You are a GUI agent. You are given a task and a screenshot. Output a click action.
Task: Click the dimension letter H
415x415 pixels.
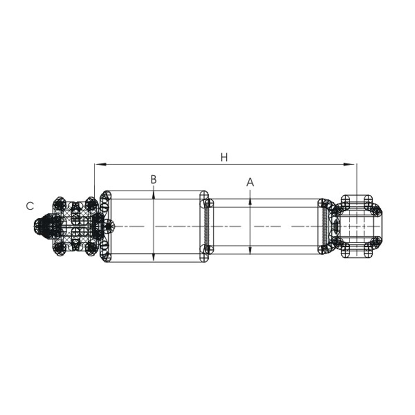[224, 157]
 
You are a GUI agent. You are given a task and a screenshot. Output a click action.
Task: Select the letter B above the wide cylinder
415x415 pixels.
[154, 179]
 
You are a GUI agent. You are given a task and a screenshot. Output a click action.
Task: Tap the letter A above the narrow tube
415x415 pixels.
[250, 182]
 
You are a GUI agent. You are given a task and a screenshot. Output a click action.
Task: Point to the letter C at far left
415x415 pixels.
[29, 206]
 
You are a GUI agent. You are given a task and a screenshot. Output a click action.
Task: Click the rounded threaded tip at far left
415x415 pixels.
[39, 226]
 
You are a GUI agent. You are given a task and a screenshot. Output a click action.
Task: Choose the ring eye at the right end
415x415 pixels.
[357, 226]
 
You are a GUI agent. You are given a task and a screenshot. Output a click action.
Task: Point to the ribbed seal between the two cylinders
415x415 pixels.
[206, 226]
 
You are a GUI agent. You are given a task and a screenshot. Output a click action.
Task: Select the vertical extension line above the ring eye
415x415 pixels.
[356, 178]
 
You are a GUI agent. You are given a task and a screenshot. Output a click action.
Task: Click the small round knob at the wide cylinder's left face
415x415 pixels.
[109, 226]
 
